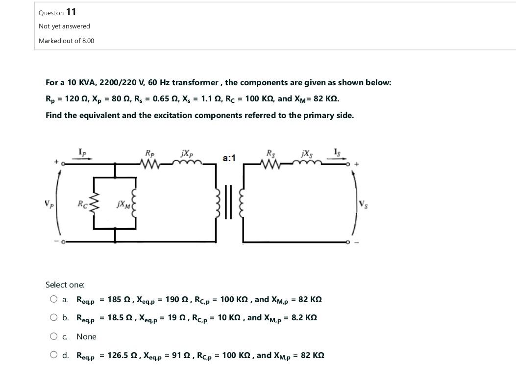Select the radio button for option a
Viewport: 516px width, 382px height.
coord(53,299)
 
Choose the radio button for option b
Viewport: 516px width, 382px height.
coord(53,317)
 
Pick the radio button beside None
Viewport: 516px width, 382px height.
coord(53,336)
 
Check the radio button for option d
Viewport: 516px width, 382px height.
coord(53,355)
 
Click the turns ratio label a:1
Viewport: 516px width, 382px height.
coord(229,158)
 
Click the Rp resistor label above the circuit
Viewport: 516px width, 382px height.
coord(149,153)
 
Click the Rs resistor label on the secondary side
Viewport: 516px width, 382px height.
coord(270,153)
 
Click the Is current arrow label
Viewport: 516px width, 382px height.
coord(337,152)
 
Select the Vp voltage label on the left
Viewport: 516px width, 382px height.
coord(48,202)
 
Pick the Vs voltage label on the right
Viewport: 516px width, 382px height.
coord(363,204)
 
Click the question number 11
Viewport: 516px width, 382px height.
coord(71,12)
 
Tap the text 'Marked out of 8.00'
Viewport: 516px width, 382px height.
coord(66,41)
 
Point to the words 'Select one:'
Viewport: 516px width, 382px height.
coord(65,285)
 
